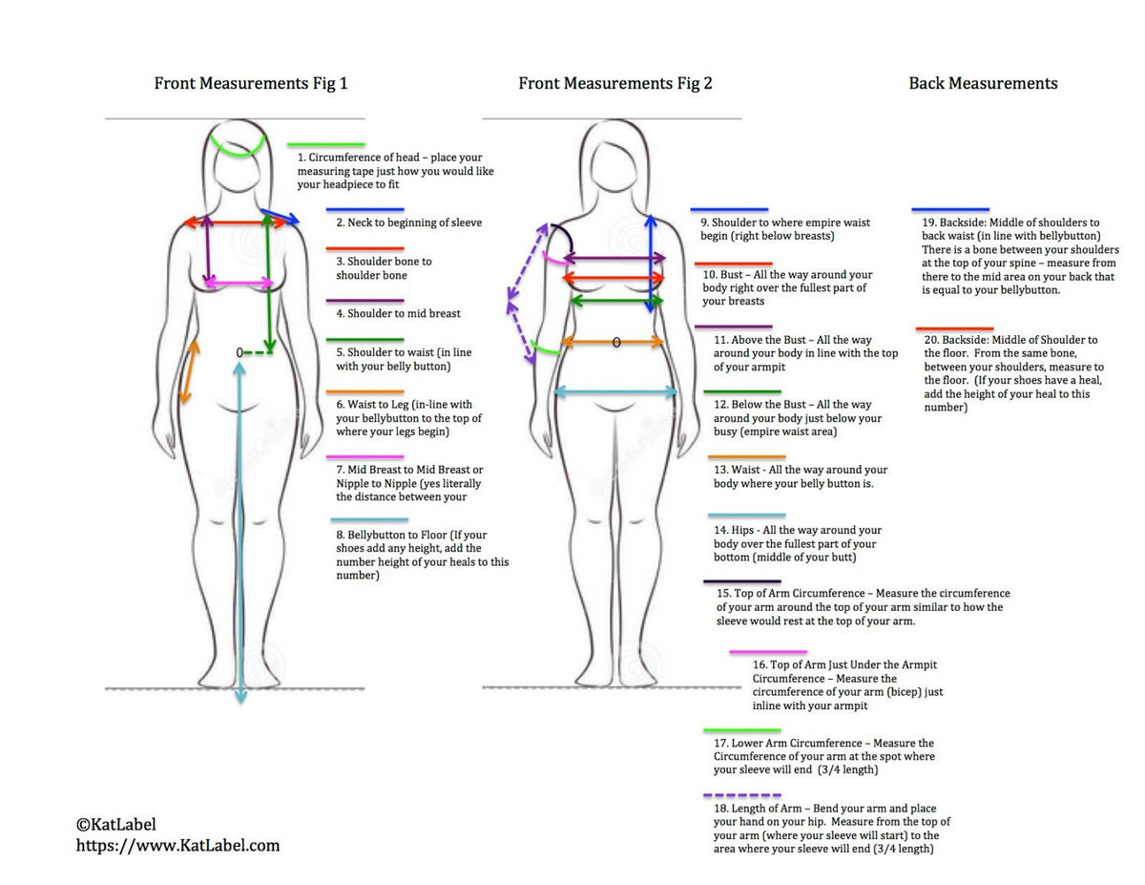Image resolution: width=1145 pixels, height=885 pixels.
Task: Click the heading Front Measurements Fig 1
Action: pyautogui.click(x=251, y=83)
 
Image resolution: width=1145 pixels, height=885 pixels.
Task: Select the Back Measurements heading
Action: pyautogui.click(x=983, y=83)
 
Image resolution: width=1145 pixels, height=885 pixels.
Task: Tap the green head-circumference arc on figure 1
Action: pyautogui.click(x=238, y=149)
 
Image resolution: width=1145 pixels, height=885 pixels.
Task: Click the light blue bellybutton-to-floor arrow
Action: pyautogui.click(x=239, y=525)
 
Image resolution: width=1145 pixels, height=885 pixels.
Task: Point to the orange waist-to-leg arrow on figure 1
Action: pyautogui.click(x=190, y=371)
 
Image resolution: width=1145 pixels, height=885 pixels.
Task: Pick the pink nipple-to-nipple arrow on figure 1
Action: pyautogui.click(x=239, y=284)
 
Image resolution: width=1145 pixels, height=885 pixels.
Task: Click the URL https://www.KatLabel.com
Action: pyautogui.click(x=177, y=845)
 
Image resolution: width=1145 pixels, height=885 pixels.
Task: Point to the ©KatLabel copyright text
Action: pyautogui.click(x=115, y=824)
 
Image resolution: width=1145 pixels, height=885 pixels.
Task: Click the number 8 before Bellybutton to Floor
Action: pyautogui.click(x=340, y=536)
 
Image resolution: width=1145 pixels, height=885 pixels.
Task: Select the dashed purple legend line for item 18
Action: pyautogui.click(x=741, y=795)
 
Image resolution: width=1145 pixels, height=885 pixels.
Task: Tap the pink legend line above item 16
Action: pyautogui.click(x=768, y=653)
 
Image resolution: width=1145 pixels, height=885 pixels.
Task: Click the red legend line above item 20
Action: pyautogui.click(x=954, y=328)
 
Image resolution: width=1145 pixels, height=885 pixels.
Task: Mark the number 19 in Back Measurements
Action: pyautogui.click(x=928, y=223)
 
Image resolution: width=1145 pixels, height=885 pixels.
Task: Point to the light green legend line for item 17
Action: pyautogui.click(x=741, y=730)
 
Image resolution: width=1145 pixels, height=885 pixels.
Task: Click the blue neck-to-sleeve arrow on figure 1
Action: pyautogui.click(x=280, y=216)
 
